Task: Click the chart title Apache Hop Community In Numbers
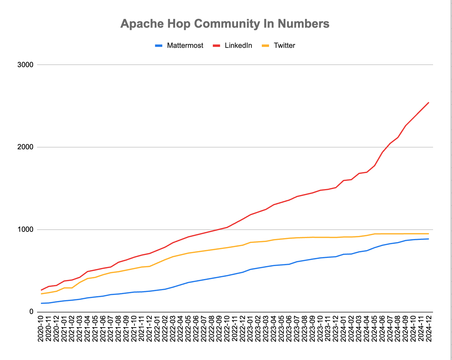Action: click(x=225, y=23)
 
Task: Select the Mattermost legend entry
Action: click(x=185, y=45)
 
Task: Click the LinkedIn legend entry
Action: click(x=238, y=45)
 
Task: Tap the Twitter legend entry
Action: click(x=284, y=45)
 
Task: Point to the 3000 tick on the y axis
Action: click(x=26, y=65)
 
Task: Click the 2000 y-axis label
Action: click(x=26, y=147)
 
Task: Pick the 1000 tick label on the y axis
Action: click(x=26, y=230)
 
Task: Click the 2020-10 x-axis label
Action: click(x=41, y=329)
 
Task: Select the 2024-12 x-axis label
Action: click(x=429, y=329)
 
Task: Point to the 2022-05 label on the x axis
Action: click(x=188, y=329)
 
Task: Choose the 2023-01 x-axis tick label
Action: click(x=250, y=329)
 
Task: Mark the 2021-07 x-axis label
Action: click(x=111, y=329)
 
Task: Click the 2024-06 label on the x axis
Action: click(x=382, y=329)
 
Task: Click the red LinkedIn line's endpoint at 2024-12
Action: click(x=429, y=103)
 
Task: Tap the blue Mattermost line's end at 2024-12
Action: click(x=429, y=239)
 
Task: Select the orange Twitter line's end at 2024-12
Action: click(x=429, y=234)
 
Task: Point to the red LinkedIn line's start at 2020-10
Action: click(x=41, y=290)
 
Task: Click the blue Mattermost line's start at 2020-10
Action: click(x=41, y=303)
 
